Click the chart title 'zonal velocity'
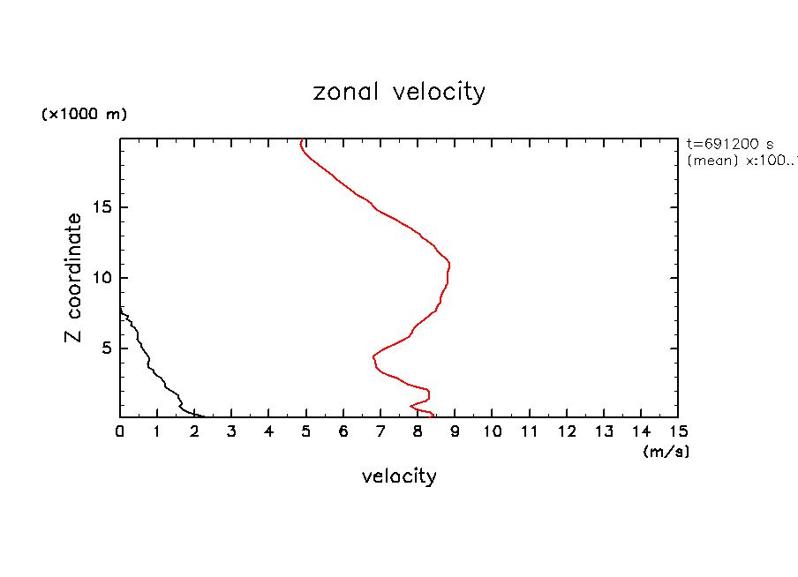click(399, 92)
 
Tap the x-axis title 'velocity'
click(399, 477)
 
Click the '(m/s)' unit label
click(666, 452)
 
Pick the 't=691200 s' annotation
click(729, 144)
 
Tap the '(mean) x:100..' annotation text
click(742, 161)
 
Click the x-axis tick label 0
click(120, 431)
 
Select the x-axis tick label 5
click(306, 431)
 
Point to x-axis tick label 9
click(455, 431)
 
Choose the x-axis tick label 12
click(566, 431)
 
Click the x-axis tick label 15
click(677, 431)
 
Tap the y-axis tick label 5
click(104, 348)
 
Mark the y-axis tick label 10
click(100, 278)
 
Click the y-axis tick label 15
click(100, 207)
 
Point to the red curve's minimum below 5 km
click(373, 356)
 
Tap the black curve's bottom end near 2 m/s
click(204, 416)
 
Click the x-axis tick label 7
click(380, 431)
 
